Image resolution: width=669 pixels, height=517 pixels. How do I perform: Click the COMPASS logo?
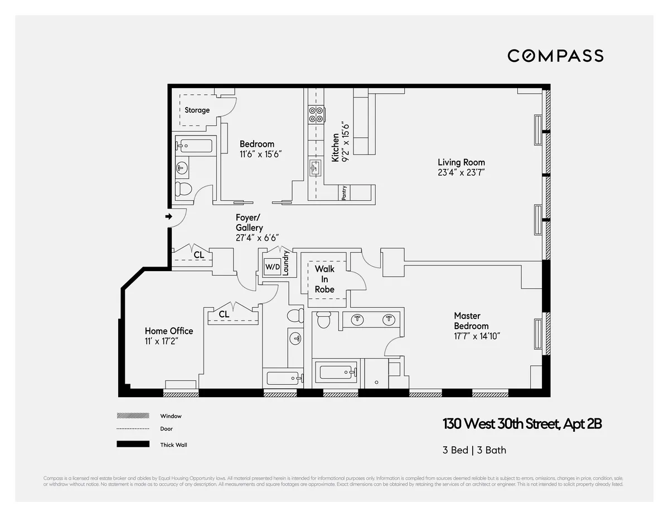click(x=555, y=56)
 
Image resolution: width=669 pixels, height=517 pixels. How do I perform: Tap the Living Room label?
click(x=461, y=162)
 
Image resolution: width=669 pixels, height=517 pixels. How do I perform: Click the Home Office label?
click(x=169, y=331)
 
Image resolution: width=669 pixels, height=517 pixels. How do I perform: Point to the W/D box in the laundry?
click(x=272, y=267)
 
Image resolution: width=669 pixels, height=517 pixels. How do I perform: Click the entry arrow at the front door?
click(x=168, y=216)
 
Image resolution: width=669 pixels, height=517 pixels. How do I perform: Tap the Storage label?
click(x=197, y=110)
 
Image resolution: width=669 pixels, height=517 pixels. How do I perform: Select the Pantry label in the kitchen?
click(x=345, y=193)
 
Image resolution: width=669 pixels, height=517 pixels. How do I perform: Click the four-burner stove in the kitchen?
click(x=316, y=114)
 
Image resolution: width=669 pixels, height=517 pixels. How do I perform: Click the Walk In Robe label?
click(x=324, y=279)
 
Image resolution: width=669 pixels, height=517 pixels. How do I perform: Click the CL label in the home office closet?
click(x=224, y=314)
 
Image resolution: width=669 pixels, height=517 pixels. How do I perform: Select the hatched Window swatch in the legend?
click(x=133, y=416)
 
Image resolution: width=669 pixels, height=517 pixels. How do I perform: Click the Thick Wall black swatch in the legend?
click(x=133, y=444)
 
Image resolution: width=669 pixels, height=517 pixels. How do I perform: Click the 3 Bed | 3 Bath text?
click(x=474, y=450)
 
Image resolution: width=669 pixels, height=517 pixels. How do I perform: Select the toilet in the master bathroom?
click(x=323, y=321)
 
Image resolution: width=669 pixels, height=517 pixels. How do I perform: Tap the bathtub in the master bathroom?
click(x=336, y=372)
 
